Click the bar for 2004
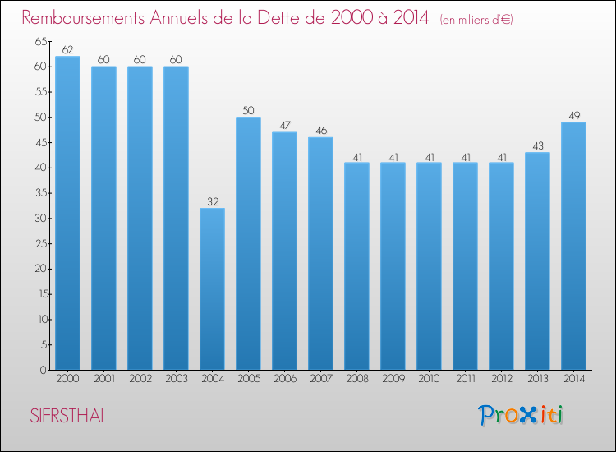point(212,289)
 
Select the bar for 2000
point(67,213)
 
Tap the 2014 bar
point(573,246)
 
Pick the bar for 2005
point(248,243)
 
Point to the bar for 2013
point(537,261)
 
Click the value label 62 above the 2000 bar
point(67,49)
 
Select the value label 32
point(213,201)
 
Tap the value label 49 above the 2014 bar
point(574,116)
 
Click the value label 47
point(285,126)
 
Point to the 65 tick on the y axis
point(40,41)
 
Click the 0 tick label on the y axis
point(43,370)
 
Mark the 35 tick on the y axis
point(40,193)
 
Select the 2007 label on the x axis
point(321,379)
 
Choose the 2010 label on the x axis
point(429,379)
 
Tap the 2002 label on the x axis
point(140,379)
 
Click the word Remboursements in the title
point(83,18)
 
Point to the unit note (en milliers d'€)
point(476,20)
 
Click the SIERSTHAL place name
point(68,416)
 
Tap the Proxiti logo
point(521,415)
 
